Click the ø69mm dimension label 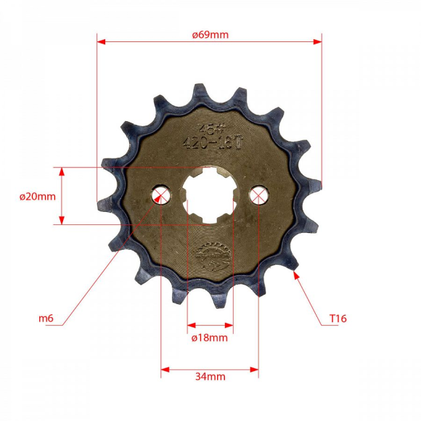click(210, 34)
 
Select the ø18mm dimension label click(209, 338)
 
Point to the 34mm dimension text click(210, 377)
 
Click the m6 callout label click(46, 318)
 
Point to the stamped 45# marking click(210, 128)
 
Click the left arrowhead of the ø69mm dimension click(101, 42)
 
